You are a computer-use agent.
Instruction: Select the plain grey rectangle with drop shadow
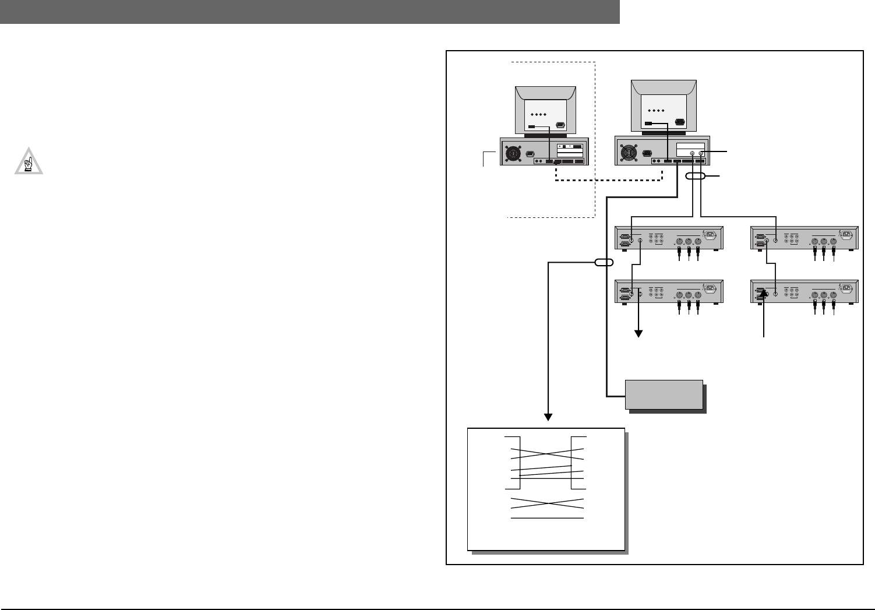click(664, 394)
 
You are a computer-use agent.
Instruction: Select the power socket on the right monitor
click(679, 122)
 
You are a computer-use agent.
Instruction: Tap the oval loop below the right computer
click(696, 175)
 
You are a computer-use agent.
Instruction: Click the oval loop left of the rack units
click(604, 263)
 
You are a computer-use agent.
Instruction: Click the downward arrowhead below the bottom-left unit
click(639, 333)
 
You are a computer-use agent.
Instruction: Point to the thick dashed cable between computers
click(606, 180)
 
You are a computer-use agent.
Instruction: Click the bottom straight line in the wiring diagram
click(547, 518)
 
